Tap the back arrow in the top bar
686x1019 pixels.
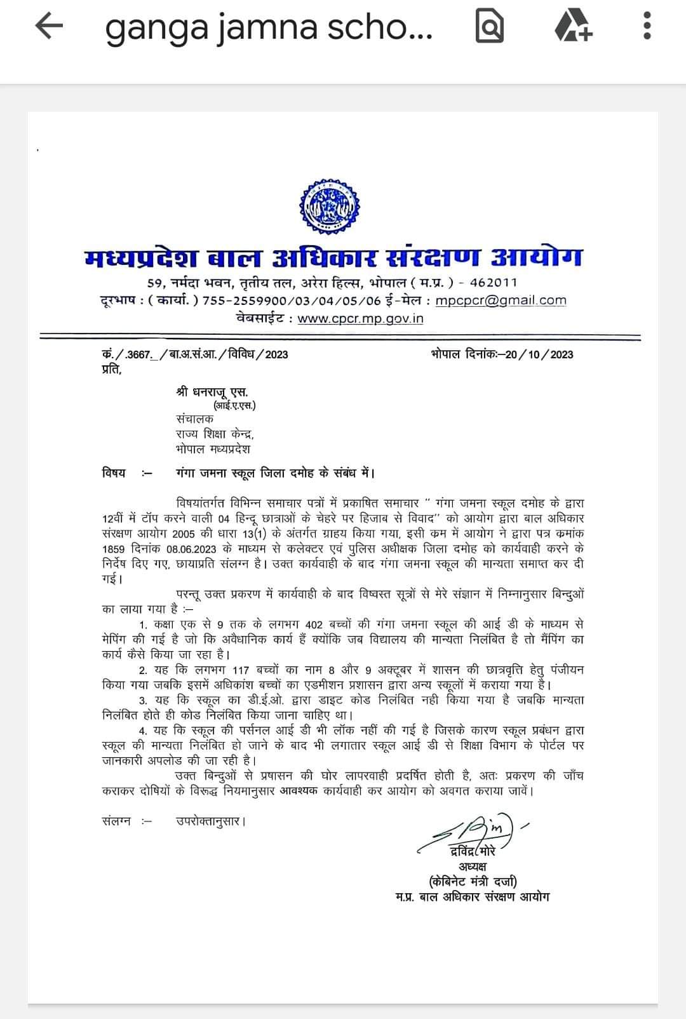tap(49, 27)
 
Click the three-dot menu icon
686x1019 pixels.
tap(647, 27)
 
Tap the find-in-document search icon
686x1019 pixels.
tap(489, 27)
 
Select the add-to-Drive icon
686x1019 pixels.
tap(572, 27)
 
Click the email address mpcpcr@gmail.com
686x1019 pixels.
tap(501, 300)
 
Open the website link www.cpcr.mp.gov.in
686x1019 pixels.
tap(360, 318)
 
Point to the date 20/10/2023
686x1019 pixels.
tap(539, 354)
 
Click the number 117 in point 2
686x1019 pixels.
tap(240, 670)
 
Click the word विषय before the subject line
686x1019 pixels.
tap(114, 473)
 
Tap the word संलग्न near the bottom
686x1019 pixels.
tap(116, 821)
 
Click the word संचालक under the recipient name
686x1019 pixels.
tap(195, 419)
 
